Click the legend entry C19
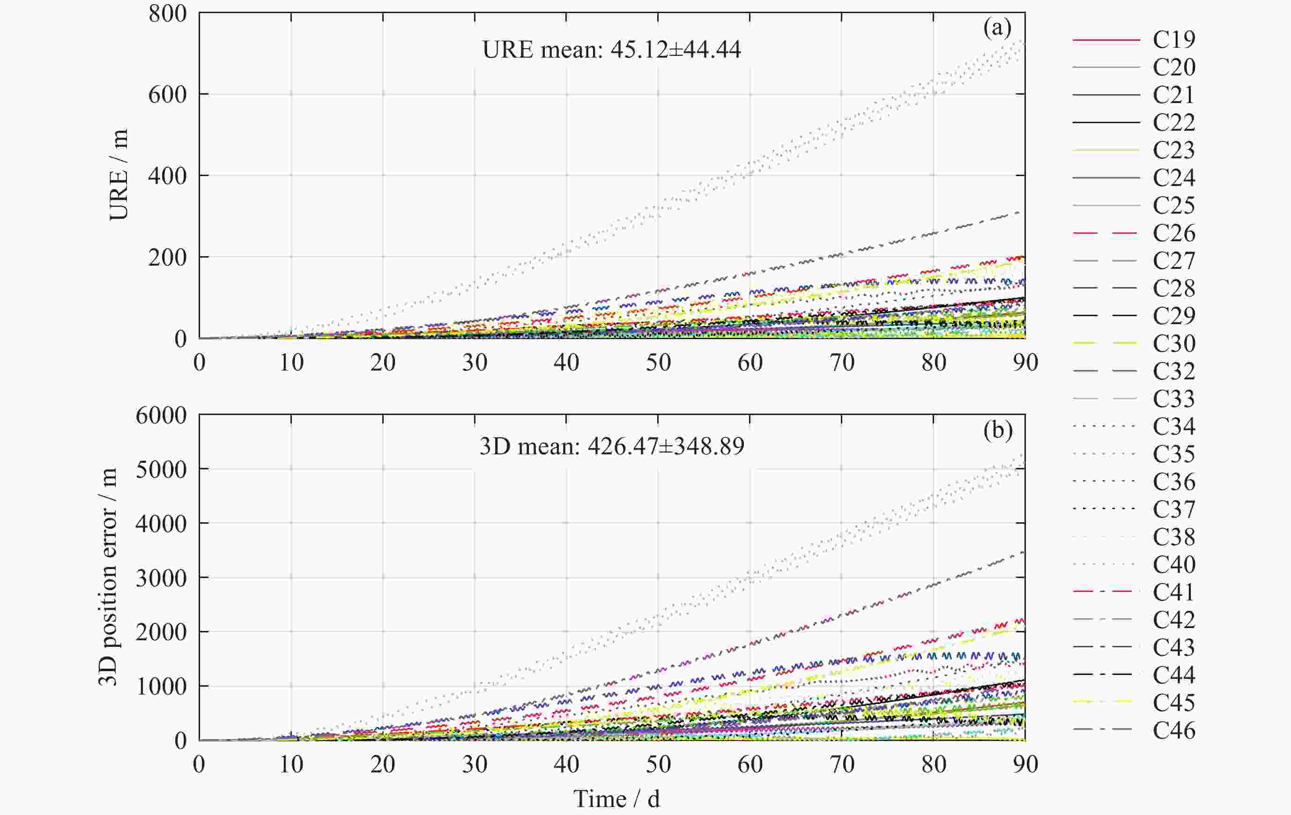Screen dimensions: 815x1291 (1173, 39)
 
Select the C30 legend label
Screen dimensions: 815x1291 (1173, 343)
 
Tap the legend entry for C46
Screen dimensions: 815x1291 (1173, 730)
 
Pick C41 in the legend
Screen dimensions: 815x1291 (1173, 592)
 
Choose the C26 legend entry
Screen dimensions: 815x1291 (1173, 233)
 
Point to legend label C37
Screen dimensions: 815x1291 (1173, 509)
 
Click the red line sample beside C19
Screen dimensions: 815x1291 (1106, 40)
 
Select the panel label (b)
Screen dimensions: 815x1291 (997, 430)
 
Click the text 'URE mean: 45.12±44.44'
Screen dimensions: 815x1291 (611, 50)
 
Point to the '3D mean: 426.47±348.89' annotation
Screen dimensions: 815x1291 (611, 446)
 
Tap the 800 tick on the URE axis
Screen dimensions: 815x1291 (167, 14)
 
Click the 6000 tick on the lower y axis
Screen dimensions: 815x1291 (161, 415)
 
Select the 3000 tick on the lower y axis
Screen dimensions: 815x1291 (161, 578)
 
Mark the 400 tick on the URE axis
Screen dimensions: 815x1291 (167, 176)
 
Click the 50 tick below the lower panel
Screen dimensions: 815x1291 (658, 764)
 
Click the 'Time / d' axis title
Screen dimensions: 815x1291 (616, 800)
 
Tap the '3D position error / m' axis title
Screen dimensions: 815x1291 (109, 577)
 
